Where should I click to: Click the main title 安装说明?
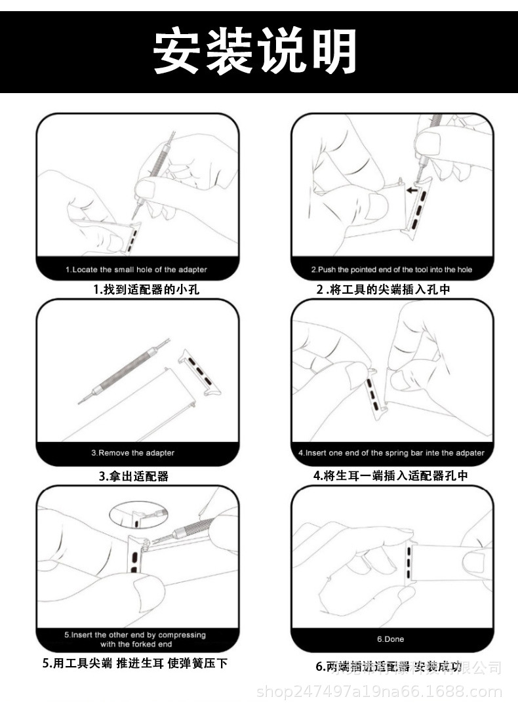(256, 52)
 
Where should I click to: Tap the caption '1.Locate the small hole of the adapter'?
(136, 269)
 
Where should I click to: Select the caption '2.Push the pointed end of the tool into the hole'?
(391, 269)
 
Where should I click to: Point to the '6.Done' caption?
(390, 639)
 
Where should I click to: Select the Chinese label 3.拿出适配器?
(134, 476)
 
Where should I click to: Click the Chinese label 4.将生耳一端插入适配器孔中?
(391, 475)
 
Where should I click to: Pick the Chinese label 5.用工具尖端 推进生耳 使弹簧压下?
(135, 663)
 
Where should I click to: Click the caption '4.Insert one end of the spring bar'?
(391, 452)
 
